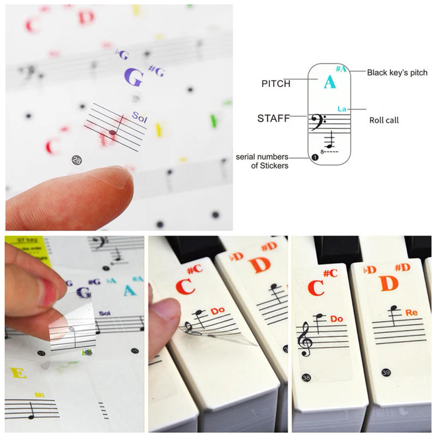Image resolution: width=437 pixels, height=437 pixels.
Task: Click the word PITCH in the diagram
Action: [x=276, y=84]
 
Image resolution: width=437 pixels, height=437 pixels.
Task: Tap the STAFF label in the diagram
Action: [x=273, y=117]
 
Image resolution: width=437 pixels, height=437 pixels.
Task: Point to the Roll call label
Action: [x=384, y=120]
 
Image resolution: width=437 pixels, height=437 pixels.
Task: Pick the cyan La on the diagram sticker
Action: [x=342, y=109]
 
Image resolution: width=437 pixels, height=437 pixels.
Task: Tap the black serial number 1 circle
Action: [x=314, y=157]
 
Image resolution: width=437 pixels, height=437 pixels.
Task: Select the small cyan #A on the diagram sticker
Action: [x=341, y=69]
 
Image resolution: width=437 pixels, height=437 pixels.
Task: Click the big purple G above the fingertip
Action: [x=134, y=78]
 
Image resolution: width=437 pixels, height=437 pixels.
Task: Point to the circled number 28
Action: [x=76, y=160]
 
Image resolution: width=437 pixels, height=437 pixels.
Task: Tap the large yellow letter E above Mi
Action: [x=17, y=374]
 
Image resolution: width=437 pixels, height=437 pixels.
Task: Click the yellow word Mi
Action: [x=39, y=394]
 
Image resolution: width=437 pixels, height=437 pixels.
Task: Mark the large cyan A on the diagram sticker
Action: [x=329, y=83]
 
